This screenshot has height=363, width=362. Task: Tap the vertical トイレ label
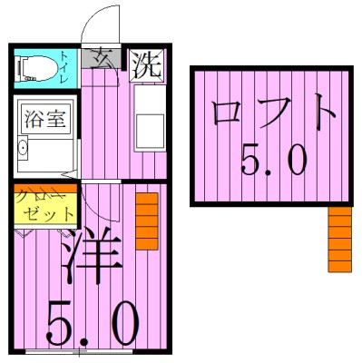click(x=66, y=66)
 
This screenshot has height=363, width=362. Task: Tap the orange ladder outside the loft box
click(x=340, y=239)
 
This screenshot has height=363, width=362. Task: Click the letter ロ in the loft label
click(x=227, y=114)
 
